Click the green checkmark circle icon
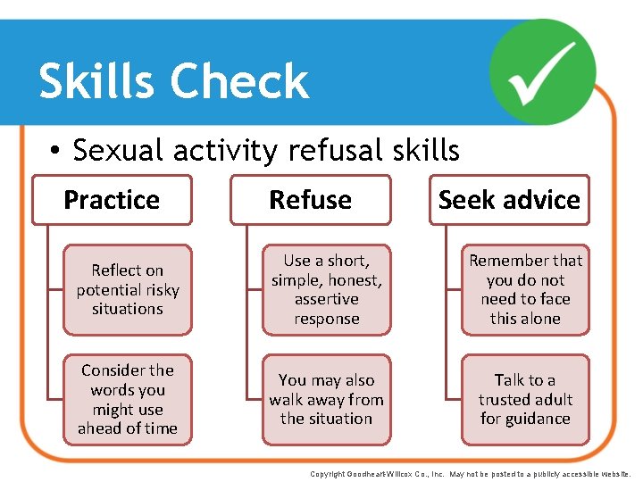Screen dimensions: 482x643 [x=543, y=71]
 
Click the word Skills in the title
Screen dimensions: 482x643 [x=97, y=81]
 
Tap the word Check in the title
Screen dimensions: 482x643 [x=239, y=81]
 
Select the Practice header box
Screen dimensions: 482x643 [x=112, y=200]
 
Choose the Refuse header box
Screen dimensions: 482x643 [x=310, y=200]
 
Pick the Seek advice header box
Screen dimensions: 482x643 [x=509, y=200]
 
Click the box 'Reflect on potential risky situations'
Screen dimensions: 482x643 [x=128, y=289]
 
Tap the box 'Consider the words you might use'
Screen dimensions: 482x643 [x=128, y=399]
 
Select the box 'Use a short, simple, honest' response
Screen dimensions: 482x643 [x=327, y=289]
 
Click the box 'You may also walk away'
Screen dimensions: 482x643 [x=327, y=399]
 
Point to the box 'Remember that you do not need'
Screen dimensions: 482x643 [x=525, y=289]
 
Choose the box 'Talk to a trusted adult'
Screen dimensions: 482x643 [x=525, y=399]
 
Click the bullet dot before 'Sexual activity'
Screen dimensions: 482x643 [x=55, y=152]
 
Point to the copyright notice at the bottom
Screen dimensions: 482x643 [x=470, y=474]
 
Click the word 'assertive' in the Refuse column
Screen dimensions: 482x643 [x=327, y=299]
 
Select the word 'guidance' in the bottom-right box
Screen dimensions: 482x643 [x=525, y=419]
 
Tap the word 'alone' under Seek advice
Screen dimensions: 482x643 [x=545, y=319]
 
